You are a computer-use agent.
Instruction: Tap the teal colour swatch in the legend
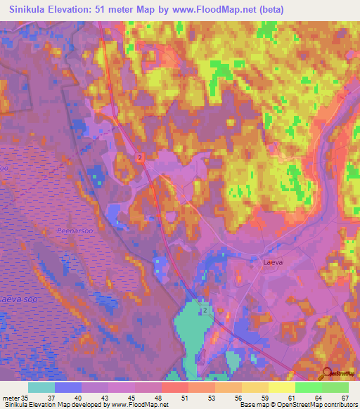[41, 387]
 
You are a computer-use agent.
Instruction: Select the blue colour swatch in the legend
[67, 387]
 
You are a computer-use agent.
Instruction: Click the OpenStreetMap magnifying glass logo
[327, 374]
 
